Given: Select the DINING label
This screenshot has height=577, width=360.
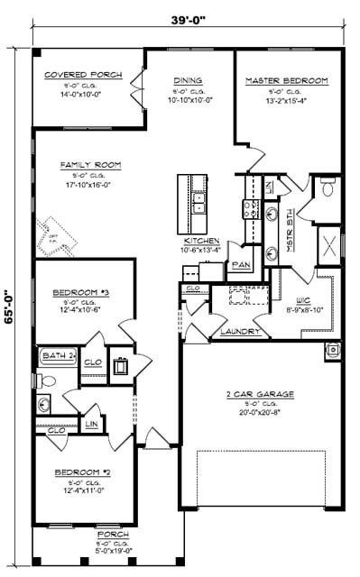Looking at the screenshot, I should [x=188, y=80].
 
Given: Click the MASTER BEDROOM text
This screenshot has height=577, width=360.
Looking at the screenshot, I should [x=287, y=80].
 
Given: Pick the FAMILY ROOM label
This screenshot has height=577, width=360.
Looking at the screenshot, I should [x=90, y=165].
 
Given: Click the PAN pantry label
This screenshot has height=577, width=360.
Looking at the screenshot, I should [x=241, y=265].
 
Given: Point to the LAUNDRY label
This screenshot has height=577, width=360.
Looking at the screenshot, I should [x=240, y=332].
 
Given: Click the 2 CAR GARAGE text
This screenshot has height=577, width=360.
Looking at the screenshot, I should [x=263, y=393].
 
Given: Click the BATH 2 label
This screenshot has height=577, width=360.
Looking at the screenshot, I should [x=60, y=356].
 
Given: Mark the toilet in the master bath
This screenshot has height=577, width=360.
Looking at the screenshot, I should [x=328, y=190].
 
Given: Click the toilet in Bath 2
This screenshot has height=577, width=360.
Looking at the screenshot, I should [x=48, y=380].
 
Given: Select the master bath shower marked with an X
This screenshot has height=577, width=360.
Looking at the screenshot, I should [x=329, y=244].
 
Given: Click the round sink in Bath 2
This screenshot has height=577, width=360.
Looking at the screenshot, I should [x=44, y=404].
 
